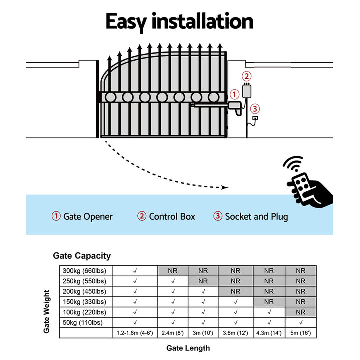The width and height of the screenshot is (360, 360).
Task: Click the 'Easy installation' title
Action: [179, 22]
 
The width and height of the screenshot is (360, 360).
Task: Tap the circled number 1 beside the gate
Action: [234, 94]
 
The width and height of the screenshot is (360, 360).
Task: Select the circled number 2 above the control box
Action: [246, 76]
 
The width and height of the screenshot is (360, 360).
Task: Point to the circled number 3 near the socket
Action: [255, 109]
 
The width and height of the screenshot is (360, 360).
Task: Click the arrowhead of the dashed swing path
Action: [225, 188]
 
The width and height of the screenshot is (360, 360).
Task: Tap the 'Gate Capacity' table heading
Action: [82, 256]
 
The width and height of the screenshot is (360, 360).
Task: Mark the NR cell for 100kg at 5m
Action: [300, 312]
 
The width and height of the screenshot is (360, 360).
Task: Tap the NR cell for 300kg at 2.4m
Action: [173, 270]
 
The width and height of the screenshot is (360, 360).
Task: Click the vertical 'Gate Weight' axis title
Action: [47, 311]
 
